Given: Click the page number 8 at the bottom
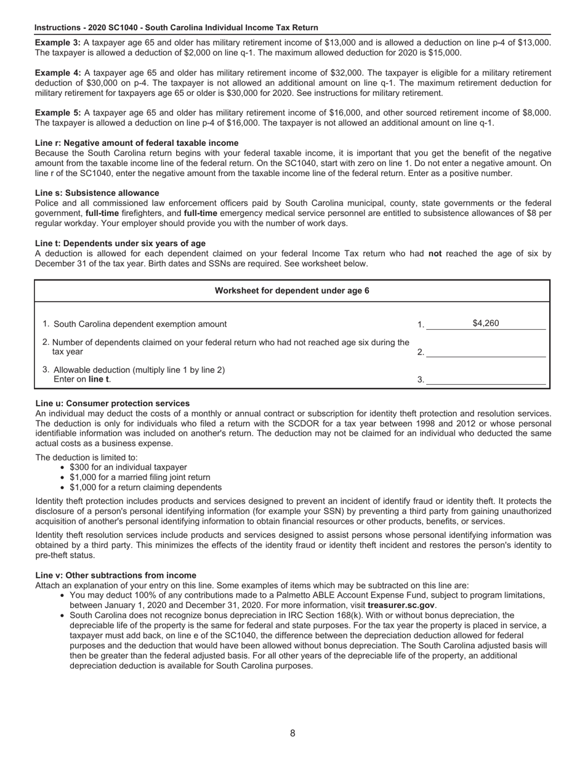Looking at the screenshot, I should [x=292, y=733].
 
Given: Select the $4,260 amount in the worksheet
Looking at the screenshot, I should [x=485, y=324].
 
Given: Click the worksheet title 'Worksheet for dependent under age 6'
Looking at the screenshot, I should [x=292, y=290].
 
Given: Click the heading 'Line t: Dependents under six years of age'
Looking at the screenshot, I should [x=120, y=243].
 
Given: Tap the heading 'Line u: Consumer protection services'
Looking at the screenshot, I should [x=112, y=403].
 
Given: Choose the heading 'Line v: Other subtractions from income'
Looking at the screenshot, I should [x=116, y=575].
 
